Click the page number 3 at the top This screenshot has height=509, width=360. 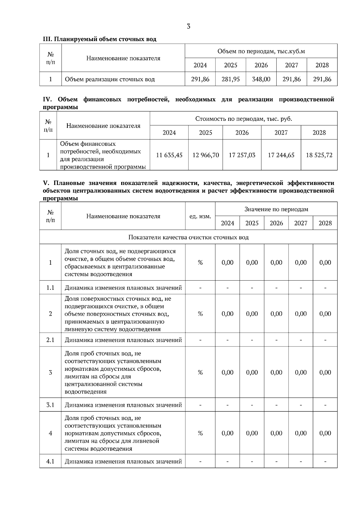(x=188, y=26)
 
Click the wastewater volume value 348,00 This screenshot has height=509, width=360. (x=261, y=79)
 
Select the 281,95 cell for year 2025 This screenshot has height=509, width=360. (x=230, y=79)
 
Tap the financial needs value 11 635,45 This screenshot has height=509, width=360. (x=169, y=155)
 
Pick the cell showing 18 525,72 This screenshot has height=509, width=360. (x=319, y=155)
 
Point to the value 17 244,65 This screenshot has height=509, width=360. (x=281, y=155)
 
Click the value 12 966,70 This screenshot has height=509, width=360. (x=205, y=155)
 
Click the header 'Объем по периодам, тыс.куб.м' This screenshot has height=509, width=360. (x=261, y=51)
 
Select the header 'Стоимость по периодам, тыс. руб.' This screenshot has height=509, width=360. (x=243, y=119)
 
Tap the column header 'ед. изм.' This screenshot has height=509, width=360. (x=200, y=216)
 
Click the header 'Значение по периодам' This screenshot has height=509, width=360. (x=276, y=209)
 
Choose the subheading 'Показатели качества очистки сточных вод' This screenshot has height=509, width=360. (x=188, y=237)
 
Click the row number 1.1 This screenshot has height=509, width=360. (x=50, y=288)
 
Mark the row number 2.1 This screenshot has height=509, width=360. (x=50, y=340)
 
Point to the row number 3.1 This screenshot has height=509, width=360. (x=50, y=405)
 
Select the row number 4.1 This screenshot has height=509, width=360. (x=50, y=461)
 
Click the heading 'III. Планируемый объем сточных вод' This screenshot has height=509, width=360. (x=100, y=39)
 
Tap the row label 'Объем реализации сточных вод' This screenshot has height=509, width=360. (x=110, y=79)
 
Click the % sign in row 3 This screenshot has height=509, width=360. (x=200, y=372)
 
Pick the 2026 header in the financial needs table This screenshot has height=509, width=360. (x=242, y=132)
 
